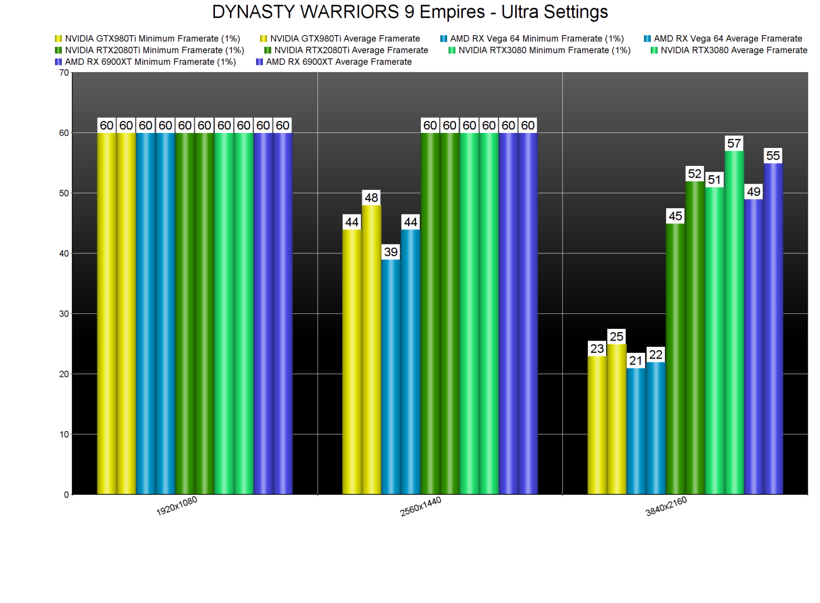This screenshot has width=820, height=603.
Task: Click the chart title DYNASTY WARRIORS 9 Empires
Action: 410,12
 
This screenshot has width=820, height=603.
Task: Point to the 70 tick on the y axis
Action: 64,73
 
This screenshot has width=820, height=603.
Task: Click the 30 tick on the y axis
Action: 64,314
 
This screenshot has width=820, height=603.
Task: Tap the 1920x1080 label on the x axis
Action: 176,506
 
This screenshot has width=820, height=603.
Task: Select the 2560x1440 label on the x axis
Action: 421,506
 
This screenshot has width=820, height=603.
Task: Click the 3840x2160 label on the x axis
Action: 666,506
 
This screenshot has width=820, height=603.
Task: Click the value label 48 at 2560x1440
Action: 371,198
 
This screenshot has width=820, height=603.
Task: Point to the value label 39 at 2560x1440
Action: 391,252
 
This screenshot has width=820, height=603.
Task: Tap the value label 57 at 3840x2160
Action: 734,143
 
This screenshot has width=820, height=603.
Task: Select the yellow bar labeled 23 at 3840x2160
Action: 597,424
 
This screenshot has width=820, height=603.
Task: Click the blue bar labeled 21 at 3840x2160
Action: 636,430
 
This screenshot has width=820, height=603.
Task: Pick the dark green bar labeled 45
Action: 675,357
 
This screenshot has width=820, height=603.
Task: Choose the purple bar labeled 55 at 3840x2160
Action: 773,329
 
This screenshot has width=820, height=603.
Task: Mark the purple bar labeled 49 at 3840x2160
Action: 754,346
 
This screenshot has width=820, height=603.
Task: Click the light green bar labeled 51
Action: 714,341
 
